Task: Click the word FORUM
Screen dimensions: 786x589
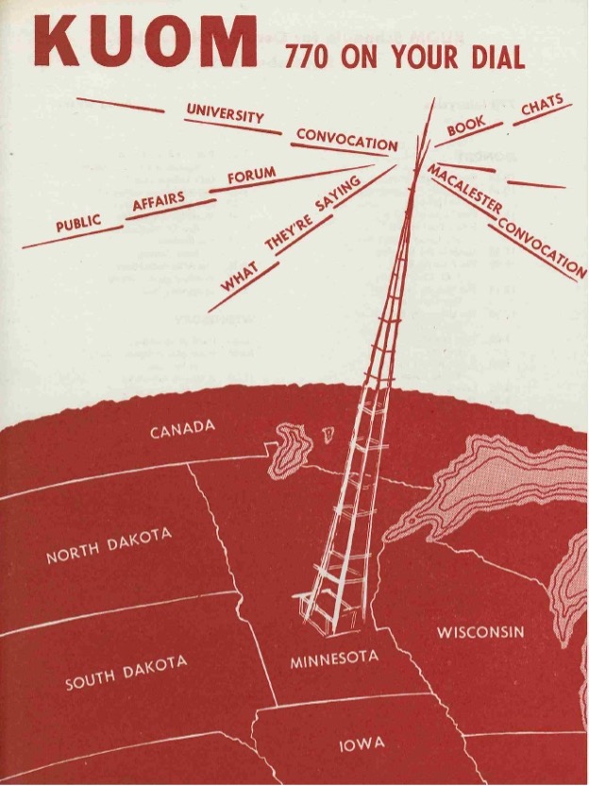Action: click(251, 175)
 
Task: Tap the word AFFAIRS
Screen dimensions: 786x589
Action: click(158, 201)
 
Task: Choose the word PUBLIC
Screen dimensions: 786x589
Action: click(78, 225)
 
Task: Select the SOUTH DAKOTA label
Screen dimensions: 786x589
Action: click(126, 672)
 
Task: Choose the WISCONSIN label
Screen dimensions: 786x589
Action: click(480, 630)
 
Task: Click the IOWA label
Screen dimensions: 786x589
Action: click(362, 745)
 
